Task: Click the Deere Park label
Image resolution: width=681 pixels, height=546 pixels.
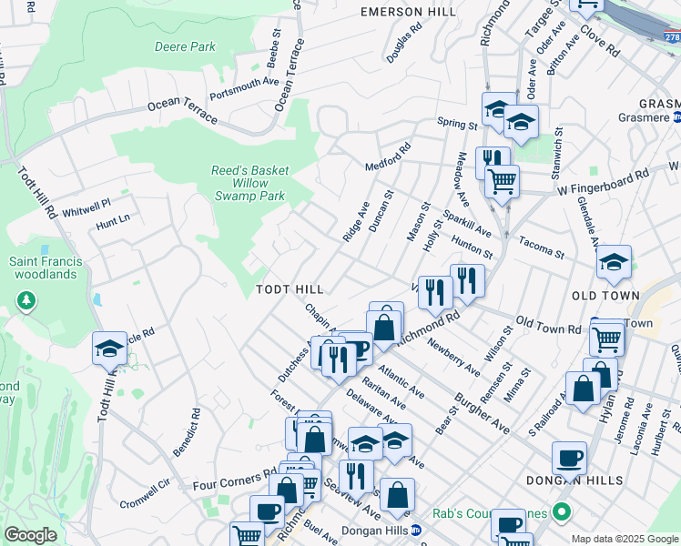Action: pyautogui.click(x=185, y=46)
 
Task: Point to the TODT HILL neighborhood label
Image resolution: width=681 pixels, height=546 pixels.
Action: pyautogui.click(x=290, y=288)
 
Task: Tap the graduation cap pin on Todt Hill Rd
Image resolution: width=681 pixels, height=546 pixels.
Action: pyautogui.click(x=109, y=349)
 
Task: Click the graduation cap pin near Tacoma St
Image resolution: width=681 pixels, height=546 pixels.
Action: pyautogui.click(x=615, y=262)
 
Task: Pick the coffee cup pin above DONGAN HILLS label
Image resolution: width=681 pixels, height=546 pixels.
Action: pyautogui.click(x=569, y=459)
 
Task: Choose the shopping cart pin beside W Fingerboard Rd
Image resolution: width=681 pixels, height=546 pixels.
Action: pyautogui.click(x=502, y=182)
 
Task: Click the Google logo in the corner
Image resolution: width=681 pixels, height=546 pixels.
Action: pyautogui.click(x=30, y=535)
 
